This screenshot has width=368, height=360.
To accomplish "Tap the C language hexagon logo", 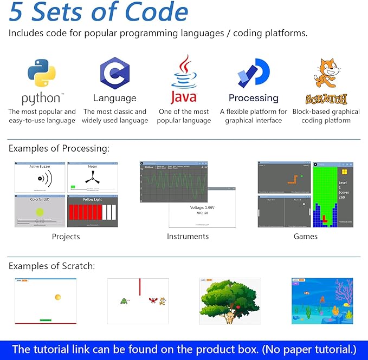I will pyautogui.click(x=114, y=74).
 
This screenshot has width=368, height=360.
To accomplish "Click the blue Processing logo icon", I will pyautogui.click(x=253, y=74).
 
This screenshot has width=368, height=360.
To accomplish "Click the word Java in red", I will pyautogui.click(x=184, y=98).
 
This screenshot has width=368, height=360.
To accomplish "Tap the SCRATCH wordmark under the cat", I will pyautogui.click(x=326, y=99).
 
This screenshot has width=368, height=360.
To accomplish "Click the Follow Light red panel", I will pyautogui.click(x=92, y=211).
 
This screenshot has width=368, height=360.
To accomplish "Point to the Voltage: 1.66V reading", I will pyautogui.click(x=201, y=207).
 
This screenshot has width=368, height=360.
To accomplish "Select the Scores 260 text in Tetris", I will pyautogui.click(x=345, y=193).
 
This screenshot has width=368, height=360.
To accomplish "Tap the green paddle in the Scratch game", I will pyautogui.click(x=46, y=320).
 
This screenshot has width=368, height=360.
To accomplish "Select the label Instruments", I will pyautogui.click(x=188, y=237).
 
